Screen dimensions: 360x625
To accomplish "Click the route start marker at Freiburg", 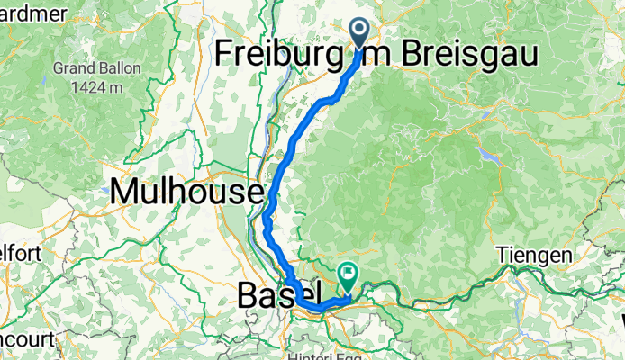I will click(360, 32).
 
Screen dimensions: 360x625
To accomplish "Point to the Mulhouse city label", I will click(187, 192).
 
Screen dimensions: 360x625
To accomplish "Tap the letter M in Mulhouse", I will click(123, 192).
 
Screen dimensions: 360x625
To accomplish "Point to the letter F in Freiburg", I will click(223, 55).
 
